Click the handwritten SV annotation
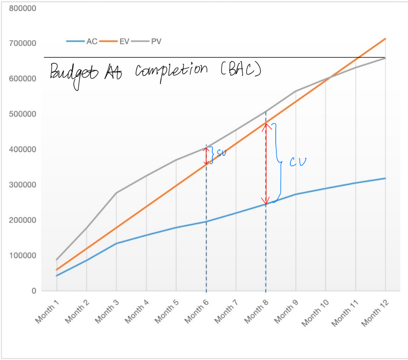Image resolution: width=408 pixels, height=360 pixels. coord(221,153)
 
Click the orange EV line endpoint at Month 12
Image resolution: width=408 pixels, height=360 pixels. coord(385,39)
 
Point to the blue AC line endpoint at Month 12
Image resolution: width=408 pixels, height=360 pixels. coord(385,178)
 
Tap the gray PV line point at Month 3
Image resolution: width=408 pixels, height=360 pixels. coord(116,193)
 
